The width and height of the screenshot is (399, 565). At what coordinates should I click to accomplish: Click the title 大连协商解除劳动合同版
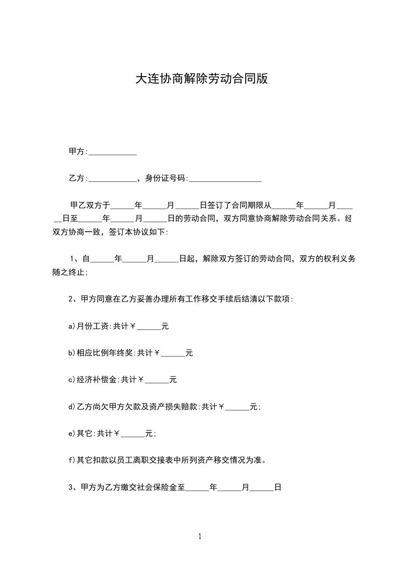point(200,79)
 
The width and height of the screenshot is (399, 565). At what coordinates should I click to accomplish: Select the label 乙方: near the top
point(78,178)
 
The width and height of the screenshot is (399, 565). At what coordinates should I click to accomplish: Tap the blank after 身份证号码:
point(225,178)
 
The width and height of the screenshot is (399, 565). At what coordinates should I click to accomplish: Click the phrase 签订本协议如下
point(138,232)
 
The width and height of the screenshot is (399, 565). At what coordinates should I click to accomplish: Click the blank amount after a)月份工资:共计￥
point(149,326)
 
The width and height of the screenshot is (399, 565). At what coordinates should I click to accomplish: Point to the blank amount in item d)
point(237,407)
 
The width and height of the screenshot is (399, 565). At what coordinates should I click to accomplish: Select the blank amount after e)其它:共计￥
point(133,434)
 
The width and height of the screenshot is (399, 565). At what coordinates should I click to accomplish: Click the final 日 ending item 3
point(277,487)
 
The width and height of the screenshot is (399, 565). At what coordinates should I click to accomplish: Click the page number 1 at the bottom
point(200,536)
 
